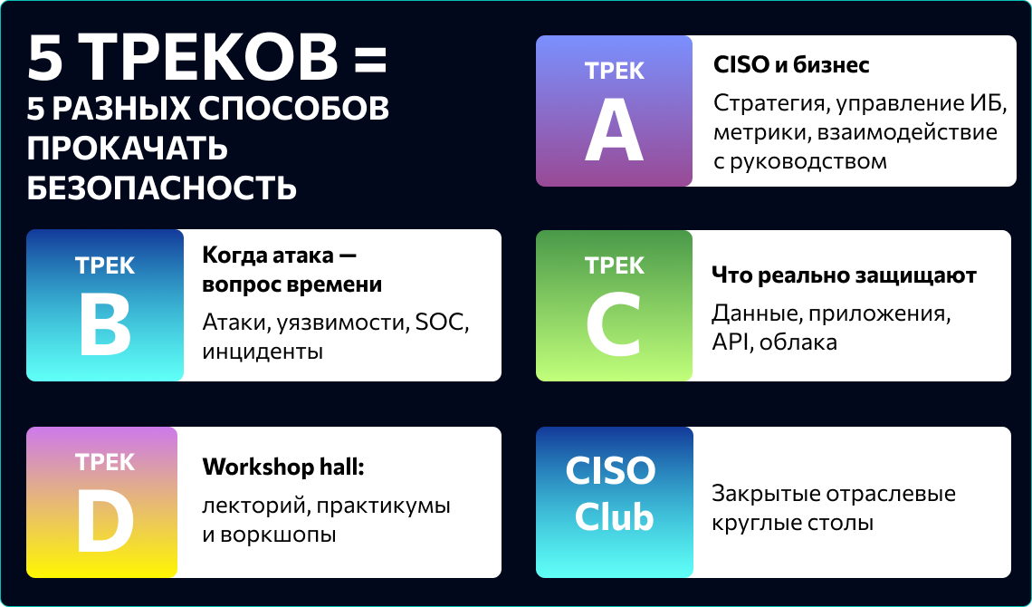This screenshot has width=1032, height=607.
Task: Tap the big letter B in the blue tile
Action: pyautogui.click(x=105, y=327)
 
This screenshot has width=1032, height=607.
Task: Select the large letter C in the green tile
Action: pyautogui.click(x=614, y=327)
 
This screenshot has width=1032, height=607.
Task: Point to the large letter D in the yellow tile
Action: pyautogui.click(x=105, y=524)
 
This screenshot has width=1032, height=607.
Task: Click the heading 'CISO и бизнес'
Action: pyautogui.click(x=792, y=64)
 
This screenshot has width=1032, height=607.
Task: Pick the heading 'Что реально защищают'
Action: pyautogui.click(x=844, y=275)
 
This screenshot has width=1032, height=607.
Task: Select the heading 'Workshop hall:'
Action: pyautogui.click(x=283, y=467)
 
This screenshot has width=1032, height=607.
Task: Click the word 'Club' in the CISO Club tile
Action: pyautogui.click(x=614, y=516)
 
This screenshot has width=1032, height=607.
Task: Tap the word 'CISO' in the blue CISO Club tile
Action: pyautogui.click(x=611, y=470)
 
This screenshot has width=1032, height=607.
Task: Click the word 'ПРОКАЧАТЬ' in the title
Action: pyautogui.click(x=127, y=149)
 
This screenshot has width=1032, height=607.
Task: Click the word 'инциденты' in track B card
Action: pyautogui.click(x=263, y=352)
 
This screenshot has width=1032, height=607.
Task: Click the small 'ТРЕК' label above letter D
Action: pyautogui.click(x=105, y=462)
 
